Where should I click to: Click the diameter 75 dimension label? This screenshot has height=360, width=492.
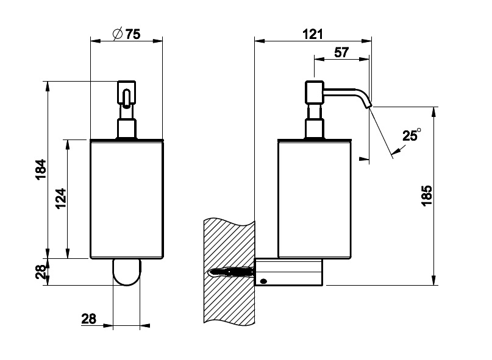[127, 35]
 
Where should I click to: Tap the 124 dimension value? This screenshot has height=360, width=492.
[60, 199]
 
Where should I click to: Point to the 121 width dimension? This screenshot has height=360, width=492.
[312, 35]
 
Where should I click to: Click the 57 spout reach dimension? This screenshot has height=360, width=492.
[341, 52]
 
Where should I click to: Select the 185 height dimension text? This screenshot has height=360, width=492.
[426, 196]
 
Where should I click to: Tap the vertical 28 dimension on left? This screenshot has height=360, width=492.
[40, 272]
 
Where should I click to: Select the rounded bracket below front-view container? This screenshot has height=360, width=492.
[126, 272]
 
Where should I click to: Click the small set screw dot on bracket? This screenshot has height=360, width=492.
[263, 281]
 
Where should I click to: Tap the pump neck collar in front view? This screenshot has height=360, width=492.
[126, 129]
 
